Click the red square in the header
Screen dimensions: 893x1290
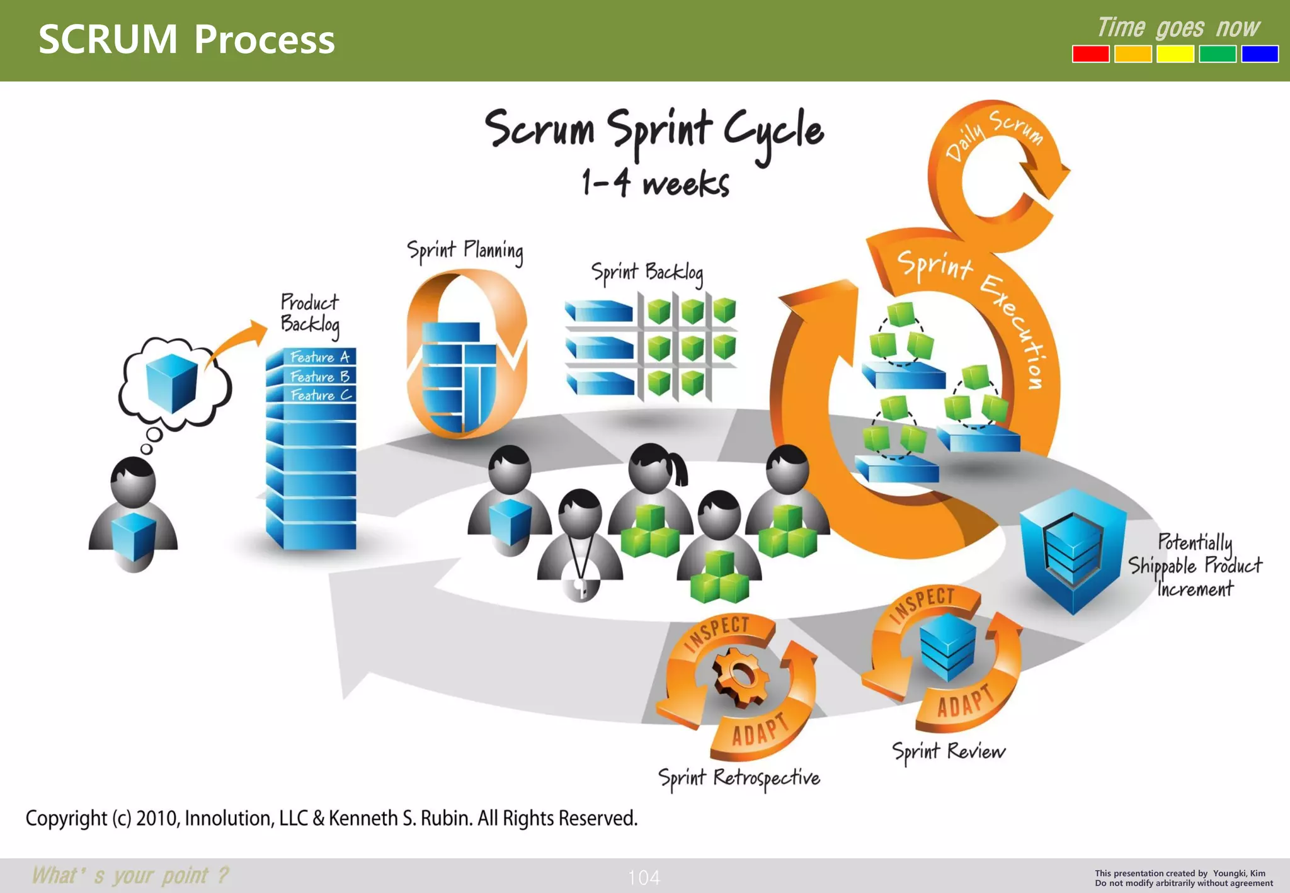(1090, 54)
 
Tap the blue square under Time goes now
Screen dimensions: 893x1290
(1259, 54)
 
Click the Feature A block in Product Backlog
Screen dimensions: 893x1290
(318, 357)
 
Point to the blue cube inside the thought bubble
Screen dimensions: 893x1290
(171, 383)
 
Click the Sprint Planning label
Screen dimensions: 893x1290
(465, 251)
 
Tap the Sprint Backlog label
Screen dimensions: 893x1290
(647, 273)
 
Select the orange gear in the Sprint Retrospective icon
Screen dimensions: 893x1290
(741, 676)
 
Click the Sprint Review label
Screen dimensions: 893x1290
(948, 751)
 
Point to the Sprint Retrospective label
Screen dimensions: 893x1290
(739, 778)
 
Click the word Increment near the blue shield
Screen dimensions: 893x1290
(1194, 589)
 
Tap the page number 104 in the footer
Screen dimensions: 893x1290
(644, 877)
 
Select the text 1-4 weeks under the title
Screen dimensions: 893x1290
(655, 183)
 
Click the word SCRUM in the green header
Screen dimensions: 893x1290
(108, 39)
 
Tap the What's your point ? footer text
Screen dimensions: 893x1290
(130, 875)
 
